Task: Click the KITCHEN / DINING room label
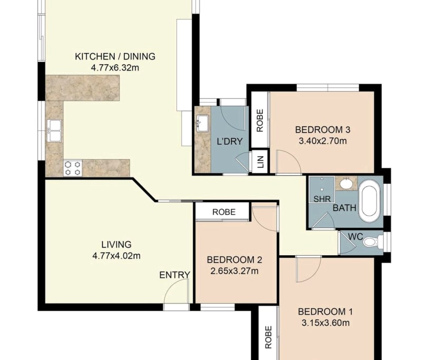point(115,57)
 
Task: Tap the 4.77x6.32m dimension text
point(115,67)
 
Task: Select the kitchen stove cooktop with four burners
point(73,168)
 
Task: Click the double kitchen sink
point(54,131)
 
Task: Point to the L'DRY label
point(229,141)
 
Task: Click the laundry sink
point(202,124)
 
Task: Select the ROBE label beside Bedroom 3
point(260,120)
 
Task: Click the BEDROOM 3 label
point(323,130)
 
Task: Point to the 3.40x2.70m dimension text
point(323,141)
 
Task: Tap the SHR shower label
point(322,199)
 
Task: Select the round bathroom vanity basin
point(346,184)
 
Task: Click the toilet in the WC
point(373,243)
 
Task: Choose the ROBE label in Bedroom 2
point(223,212)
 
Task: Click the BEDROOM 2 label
point(234,260)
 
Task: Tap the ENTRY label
point(174,275)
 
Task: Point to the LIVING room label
point(116,245)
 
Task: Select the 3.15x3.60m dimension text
point(324,323)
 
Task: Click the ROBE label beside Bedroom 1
point(268,337)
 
